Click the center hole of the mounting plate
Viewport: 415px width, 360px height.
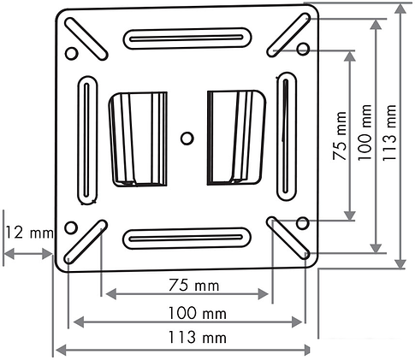(x=187, y=137)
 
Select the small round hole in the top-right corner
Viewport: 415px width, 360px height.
(x=301, y=50)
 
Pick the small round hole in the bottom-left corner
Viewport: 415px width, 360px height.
(x=70, y=228)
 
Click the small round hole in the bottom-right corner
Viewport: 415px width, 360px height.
(x=301, y=224)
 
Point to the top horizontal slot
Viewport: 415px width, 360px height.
(x=187, y=38)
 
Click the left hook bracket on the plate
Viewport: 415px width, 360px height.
(x=137, y=137)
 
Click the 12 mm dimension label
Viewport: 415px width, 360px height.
(x=27, y=233)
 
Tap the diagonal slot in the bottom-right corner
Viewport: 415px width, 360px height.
(x=288, y=237)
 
